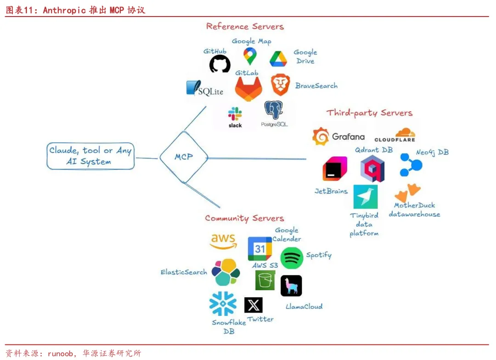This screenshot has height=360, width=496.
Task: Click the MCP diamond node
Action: click(x=183, y=157)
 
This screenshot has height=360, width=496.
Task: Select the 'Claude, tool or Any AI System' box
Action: click(x=90, y=156)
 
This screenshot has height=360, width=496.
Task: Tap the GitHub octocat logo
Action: click(x=220, y=64)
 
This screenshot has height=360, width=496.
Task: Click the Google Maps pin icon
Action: click(x=250, y=56)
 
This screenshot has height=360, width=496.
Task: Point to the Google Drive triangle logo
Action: click(x=278, y=59)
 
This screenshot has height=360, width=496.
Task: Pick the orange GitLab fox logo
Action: click(x=248, y=89)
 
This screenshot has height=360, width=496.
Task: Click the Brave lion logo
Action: click(x=280, y=84)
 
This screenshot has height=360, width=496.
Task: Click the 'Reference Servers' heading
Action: click(x=245, y=26)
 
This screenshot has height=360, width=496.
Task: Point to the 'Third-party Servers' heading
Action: click(x=369, y=113)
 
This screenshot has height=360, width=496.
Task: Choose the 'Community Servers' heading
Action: click(x=244, y=218)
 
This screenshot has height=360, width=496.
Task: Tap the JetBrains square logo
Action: click(x=335, y=169)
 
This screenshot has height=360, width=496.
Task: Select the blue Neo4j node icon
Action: click(x=411, y=165)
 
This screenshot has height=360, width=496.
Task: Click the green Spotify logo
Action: click(x=292, y=258)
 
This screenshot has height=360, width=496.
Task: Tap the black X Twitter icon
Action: click(x=254, y=305)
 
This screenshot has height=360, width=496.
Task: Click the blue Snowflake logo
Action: click(x=223, y=304)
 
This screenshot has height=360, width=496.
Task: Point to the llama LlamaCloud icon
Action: click(x=291, y=286)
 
